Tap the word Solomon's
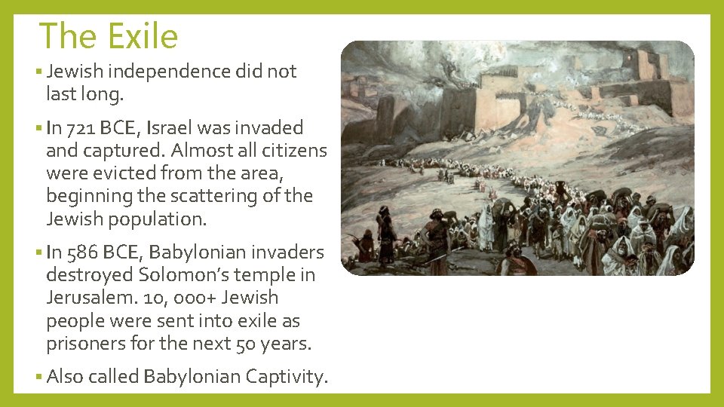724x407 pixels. pyautogui.click(x=179, y=275)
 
